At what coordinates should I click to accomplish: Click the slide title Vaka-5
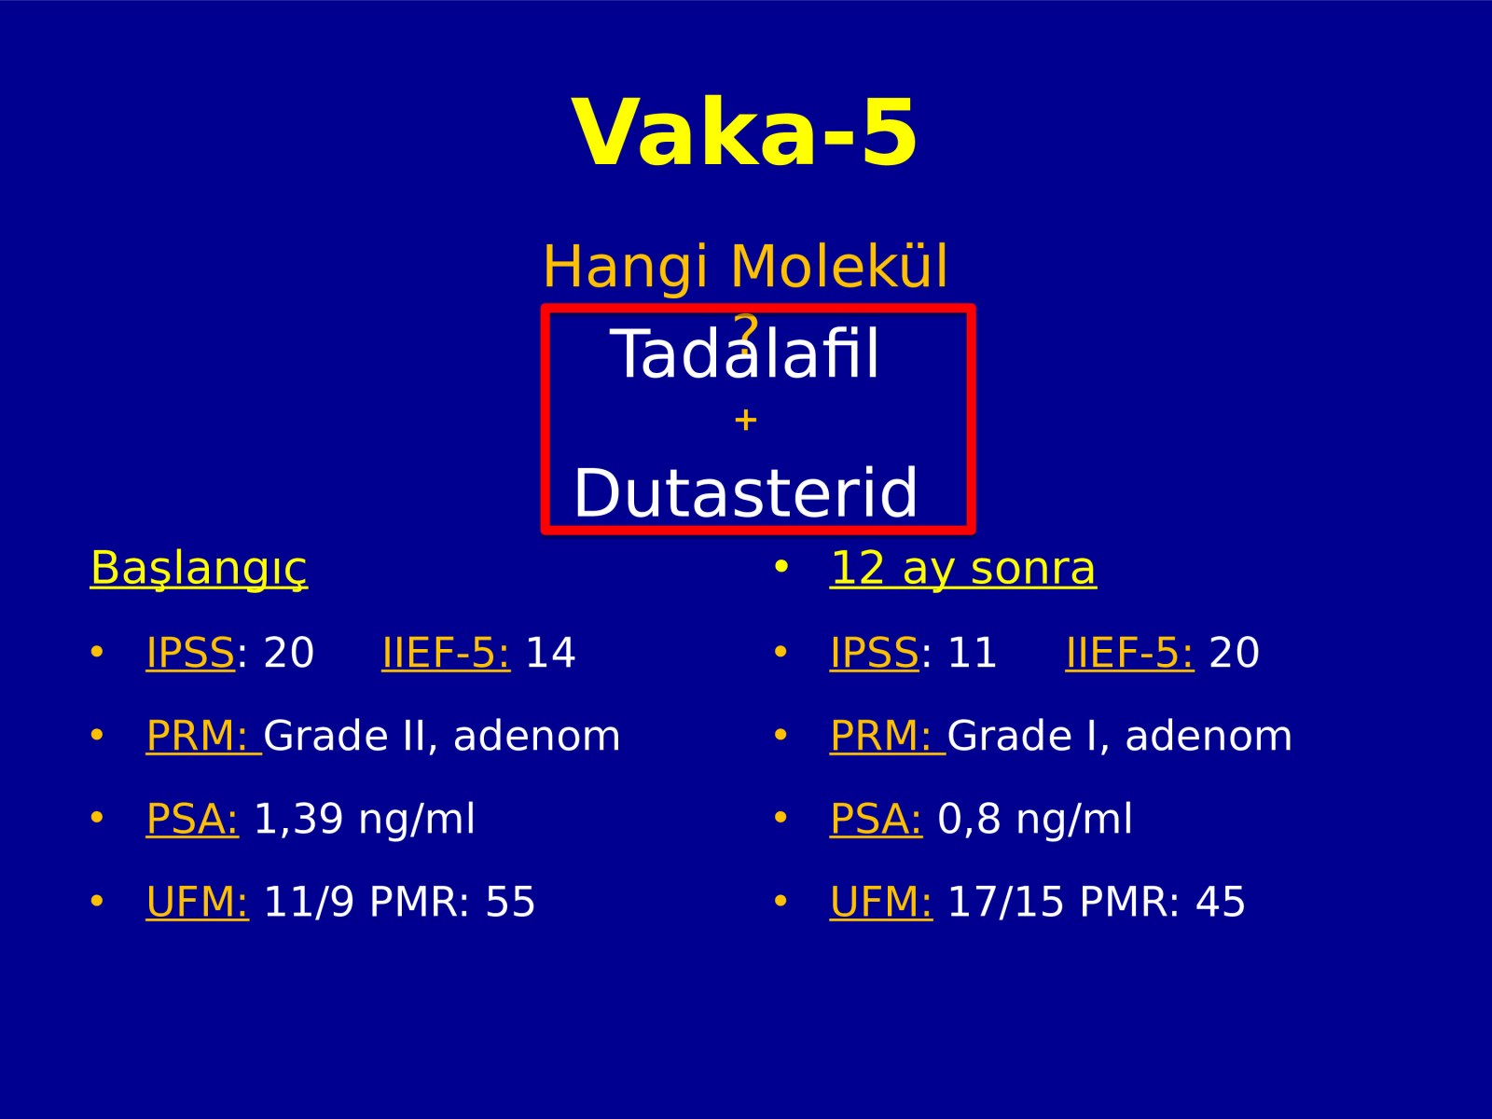point(745,131)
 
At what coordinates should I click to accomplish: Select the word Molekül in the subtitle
point(838,266)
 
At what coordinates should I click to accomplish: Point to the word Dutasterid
point(746,492)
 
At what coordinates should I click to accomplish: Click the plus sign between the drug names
point(746,420)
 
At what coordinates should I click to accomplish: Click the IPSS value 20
point(289,652)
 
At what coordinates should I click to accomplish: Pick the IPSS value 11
point(972,652)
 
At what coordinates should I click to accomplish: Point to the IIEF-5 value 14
point(550,652)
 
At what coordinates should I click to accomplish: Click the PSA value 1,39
point(298,819)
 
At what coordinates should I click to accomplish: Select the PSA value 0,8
point(969,819)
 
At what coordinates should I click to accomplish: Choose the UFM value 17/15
point(1005,902)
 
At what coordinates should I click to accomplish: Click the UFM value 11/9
point(309,902)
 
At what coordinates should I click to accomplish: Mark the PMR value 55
point(510,902)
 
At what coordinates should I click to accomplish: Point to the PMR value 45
point(1220,902)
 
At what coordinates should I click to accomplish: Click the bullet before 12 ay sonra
point(781,567)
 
